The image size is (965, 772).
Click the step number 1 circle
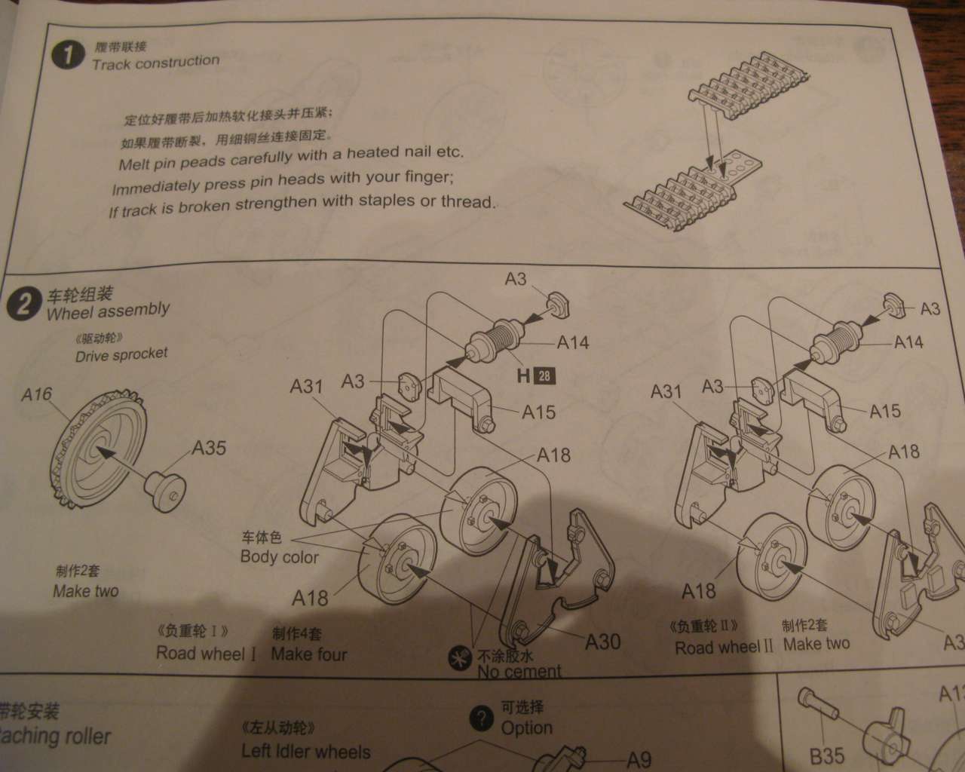[69, 54]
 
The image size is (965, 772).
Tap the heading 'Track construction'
[155, 63]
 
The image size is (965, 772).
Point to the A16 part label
[37, 394]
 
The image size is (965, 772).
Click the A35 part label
[209, 448]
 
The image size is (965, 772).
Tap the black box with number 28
[543, 375]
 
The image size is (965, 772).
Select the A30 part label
[603, 642]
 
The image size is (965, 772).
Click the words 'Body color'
[279, 557]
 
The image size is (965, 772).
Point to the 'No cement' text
[519, 671]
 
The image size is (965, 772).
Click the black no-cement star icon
[456, 658]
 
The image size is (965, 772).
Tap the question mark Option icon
[481, 718]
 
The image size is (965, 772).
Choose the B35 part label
[827, 755]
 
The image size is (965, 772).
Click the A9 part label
[639, 760]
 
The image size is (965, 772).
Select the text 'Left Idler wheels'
[306, 752]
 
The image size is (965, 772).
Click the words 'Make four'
[309, 654]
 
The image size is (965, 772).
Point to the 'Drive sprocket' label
[121, 354]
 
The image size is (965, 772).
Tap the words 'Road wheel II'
[724, 647]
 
